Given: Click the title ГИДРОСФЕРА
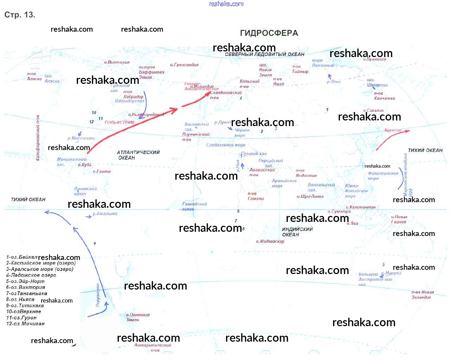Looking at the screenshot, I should coord(269,33).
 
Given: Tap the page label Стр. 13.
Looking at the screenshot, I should coord(20,15).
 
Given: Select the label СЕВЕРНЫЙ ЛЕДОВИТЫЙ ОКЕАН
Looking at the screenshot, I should coord(264,54).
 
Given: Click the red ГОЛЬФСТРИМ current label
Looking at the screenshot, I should coord(119,123).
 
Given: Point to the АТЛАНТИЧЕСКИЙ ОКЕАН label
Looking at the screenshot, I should coord(138,155).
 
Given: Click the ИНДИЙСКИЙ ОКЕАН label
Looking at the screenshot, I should coord(297,232).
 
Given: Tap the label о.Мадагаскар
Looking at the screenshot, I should coord(270,241).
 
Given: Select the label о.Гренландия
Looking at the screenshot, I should coord(184,65).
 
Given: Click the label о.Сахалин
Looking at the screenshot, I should coord(373,110).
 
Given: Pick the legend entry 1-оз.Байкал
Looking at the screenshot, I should coord(22,257).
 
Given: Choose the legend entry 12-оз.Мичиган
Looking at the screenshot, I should coord(25,324).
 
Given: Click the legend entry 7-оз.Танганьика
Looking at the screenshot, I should coord(26,293).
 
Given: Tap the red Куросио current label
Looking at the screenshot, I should coord(393,130).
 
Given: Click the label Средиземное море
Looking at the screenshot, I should coord(226,145).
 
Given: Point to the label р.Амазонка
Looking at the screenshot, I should coord(105,213).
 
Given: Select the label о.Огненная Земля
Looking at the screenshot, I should coord(137,317).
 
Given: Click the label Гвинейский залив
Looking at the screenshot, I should coord(194,206).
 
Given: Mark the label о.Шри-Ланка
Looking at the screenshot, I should coord(310,196).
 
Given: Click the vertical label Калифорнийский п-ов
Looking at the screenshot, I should coord(38,138).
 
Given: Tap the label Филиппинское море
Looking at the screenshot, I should coord(383,176).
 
